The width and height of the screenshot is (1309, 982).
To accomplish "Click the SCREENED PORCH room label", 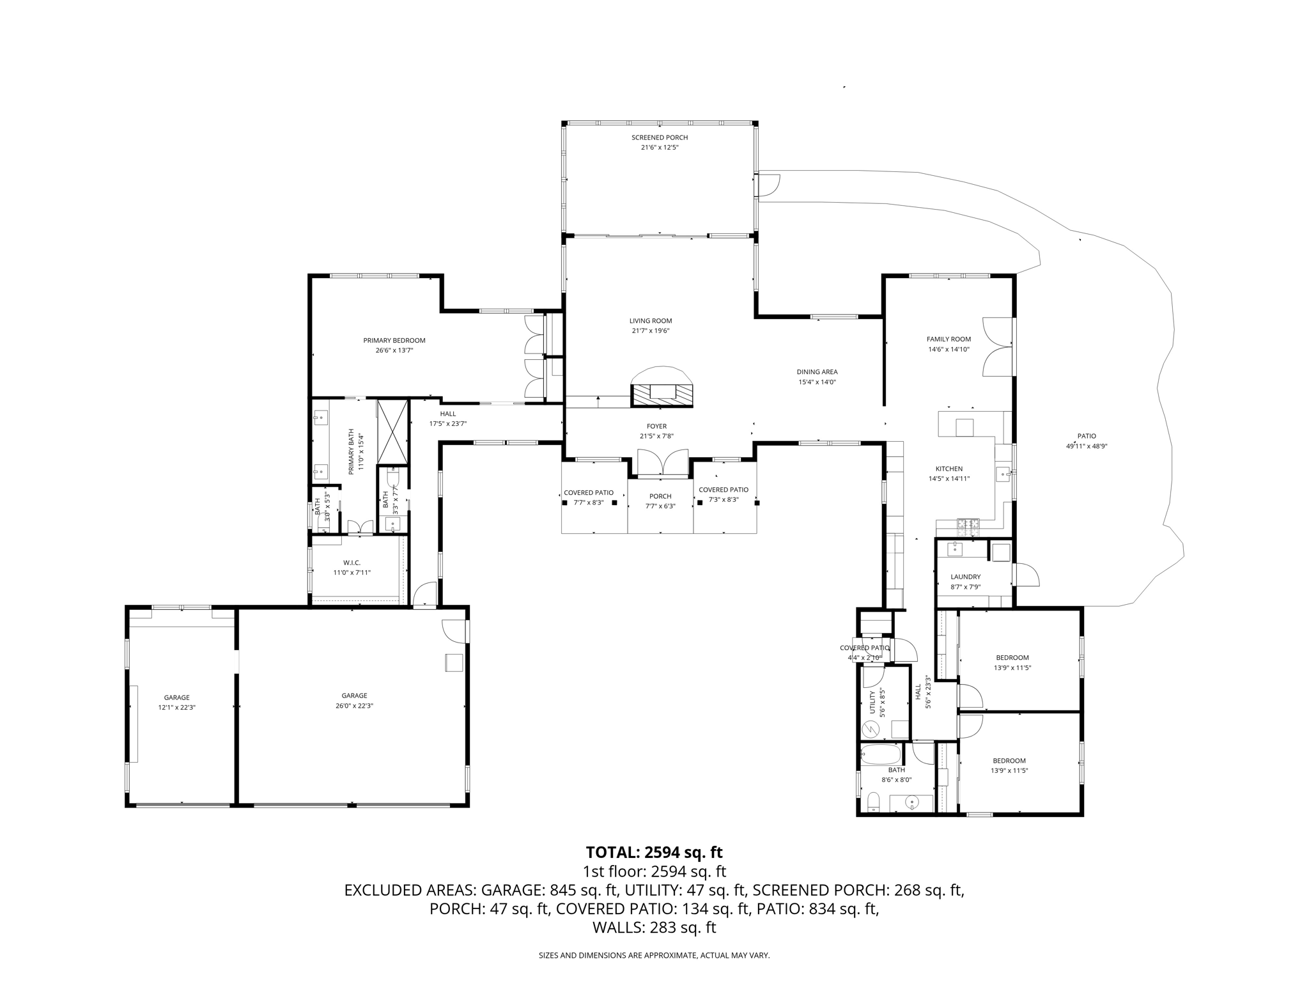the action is point(660,137).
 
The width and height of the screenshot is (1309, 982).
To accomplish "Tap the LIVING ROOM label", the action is point(651,321).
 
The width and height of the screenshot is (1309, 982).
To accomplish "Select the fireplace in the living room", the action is point(662,387).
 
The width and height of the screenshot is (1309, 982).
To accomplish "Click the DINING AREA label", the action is point(817,372).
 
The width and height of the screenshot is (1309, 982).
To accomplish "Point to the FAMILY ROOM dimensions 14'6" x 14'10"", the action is point(949,350).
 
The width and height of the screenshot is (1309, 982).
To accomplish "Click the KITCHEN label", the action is point(949,469).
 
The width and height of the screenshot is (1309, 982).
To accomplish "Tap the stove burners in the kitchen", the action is point(968,527).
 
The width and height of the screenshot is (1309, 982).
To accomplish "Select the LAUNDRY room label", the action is point(965,577).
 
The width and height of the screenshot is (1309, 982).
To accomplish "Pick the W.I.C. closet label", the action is point(352,563).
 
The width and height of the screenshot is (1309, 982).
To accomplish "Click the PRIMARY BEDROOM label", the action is point(394,341).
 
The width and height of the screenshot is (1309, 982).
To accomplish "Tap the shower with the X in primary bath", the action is point(392,432).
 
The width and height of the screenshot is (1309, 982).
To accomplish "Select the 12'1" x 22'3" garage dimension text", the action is point(176,708).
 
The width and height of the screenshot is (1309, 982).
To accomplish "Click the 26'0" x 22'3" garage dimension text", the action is point(354,706).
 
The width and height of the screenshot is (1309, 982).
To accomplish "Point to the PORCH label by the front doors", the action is point(660,496).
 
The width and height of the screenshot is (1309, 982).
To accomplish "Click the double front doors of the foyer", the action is point(663,463).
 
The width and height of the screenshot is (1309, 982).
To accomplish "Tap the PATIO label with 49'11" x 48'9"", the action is point(1087,436).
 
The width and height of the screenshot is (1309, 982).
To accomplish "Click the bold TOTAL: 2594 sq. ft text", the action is point(654,852).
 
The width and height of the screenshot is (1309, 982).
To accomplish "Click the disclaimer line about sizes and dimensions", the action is point(654,955).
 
